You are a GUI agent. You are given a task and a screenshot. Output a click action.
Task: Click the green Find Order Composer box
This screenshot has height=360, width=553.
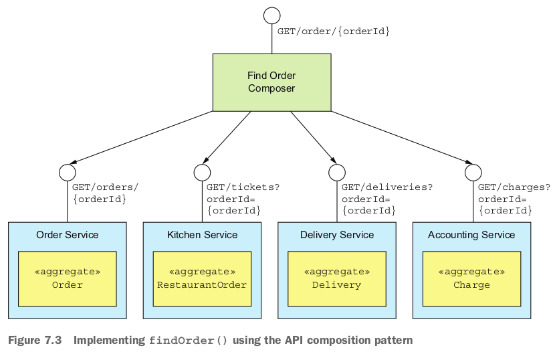271,82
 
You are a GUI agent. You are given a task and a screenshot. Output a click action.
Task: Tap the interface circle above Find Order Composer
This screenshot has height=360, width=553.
271,15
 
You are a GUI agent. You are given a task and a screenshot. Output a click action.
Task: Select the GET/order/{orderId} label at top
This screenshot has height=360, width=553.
333,31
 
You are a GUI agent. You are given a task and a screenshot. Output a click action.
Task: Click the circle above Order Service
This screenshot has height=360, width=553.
68,173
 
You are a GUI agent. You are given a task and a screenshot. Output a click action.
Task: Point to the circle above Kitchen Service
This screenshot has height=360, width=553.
202,173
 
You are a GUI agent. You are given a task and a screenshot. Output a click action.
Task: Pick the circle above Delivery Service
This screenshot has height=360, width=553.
337,173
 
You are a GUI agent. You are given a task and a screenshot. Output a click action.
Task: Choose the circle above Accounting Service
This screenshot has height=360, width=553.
473,173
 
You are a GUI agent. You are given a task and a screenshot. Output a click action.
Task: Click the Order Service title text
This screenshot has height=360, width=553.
67,235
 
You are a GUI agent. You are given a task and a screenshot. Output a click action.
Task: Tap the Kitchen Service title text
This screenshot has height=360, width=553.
202,235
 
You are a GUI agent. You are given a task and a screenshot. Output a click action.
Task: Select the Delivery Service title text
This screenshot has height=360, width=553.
337,235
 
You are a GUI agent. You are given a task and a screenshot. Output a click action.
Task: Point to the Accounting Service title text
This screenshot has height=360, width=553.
471,235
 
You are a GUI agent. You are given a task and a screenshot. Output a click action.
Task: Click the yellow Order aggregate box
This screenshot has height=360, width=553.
67,278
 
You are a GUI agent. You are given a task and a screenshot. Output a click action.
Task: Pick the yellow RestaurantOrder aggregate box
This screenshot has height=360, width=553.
202,278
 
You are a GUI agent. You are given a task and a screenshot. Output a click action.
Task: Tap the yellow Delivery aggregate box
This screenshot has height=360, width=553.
337,278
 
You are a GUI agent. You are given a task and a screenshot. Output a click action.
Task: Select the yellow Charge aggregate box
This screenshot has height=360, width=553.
471,278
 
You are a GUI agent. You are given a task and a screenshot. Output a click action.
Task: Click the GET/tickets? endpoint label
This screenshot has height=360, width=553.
243,187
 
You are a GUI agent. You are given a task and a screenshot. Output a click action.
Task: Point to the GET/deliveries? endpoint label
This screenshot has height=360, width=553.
386,187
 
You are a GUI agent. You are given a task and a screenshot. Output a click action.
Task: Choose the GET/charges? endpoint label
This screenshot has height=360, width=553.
514,187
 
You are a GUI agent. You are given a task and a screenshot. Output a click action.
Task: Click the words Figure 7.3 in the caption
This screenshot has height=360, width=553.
34,341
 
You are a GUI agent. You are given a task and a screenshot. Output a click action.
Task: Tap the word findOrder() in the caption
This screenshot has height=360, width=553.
188,341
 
